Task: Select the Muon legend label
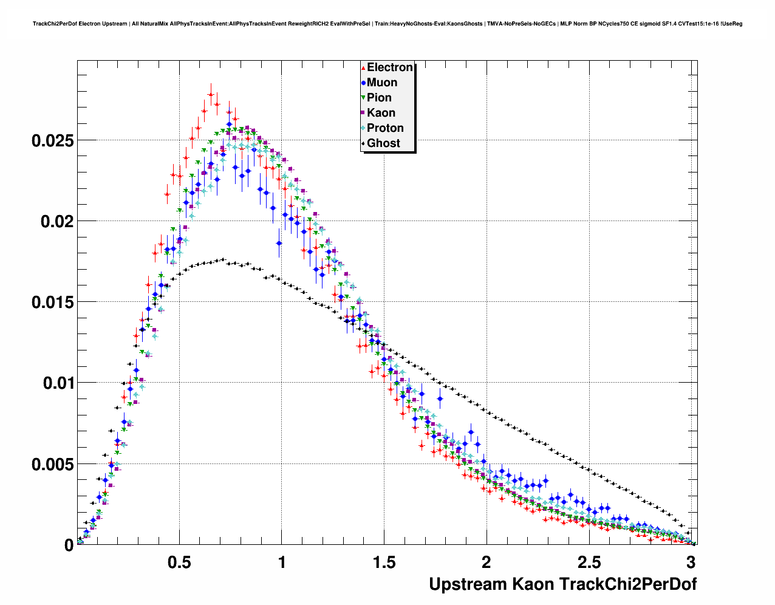(x=381, y=83)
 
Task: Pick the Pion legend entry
(x=379, y=98)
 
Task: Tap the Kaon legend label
(x=381, y=113)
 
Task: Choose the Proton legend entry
(x=385, y=128)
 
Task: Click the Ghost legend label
(x=383, y=143)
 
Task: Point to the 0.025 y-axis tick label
(x=52, y=141)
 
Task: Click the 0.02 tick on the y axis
(x=56, y=222)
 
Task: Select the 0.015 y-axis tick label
(x=52, y=302)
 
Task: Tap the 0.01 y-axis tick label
(x=56, y=383)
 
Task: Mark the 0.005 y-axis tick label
(x=52, y=465)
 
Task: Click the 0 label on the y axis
(x=69, y=545)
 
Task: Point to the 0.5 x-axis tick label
(x=180, y=562)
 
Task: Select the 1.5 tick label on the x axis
(x=384, y=562)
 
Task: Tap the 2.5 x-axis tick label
(x=589, y=562)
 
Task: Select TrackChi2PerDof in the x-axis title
(x=627, y=584)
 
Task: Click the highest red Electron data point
(x=211, y=94)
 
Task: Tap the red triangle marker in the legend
(x=363, y=68)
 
